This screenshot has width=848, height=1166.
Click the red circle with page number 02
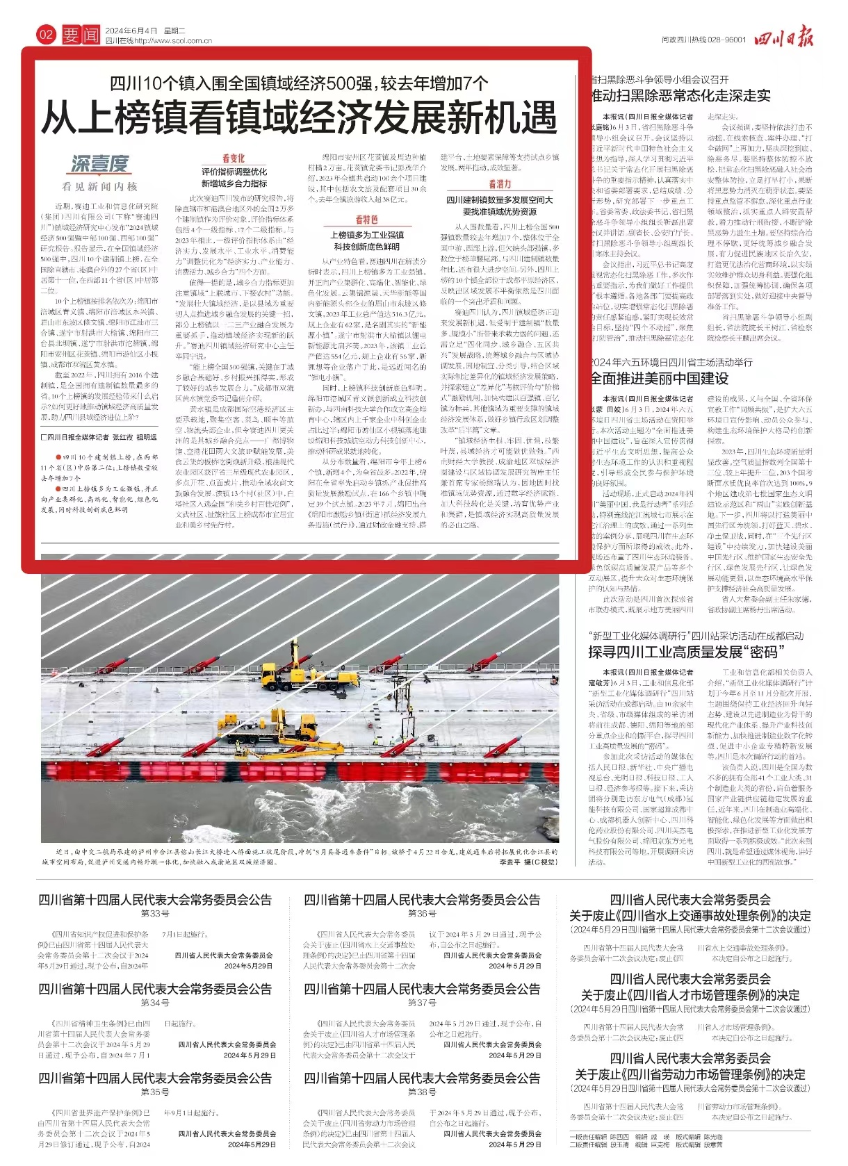coord(46,34)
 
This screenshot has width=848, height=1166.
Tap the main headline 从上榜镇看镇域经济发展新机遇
coord(300,117)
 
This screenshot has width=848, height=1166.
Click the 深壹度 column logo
coord(100,164)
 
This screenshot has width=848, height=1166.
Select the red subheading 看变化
coord(234,158)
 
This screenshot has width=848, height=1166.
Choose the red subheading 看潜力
coord(500,184)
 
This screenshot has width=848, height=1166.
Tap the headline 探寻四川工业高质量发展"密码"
coord(685,652)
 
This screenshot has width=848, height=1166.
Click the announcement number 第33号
coord(155,913)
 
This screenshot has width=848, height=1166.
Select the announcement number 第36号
coord(422,913)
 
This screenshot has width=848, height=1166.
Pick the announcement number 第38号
coord(422,1092)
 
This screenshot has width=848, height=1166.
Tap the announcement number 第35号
coord(155,1092)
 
